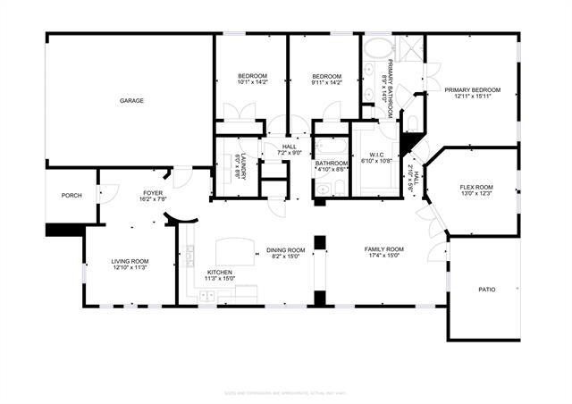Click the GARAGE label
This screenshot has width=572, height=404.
point(132,101)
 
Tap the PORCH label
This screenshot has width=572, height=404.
point(71,196)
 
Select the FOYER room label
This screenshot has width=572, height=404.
point(154,192)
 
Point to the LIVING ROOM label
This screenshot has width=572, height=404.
point(129,261)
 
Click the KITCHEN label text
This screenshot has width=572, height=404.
point(220,272)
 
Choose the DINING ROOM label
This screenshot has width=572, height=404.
point(286,249)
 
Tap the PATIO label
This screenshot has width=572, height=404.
point(486,289)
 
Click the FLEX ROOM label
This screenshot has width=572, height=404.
point(476,187)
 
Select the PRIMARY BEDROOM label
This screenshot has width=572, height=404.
point(472,90)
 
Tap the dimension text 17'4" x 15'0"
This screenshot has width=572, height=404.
point(383,257)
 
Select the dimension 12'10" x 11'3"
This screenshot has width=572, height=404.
point(129,268)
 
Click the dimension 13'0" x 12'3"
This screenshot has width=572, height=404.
point(476,194)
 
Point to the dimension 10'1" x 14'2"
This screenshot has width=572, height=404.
point(251,83)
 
